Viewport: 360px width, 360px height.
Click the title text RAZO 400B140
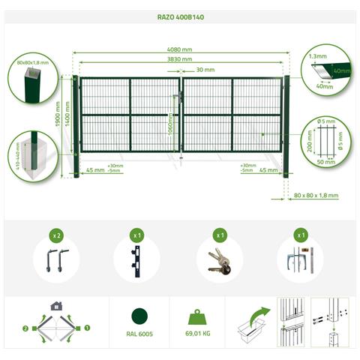pos(179,14)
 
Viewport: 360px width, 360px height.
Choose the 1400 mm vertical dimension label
pos(67,112)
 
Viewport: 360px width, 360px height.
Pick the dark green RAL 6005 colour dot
pos(139,317)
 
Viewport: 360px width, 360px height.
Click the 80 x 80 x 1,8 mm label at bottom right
pos(316,195)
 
